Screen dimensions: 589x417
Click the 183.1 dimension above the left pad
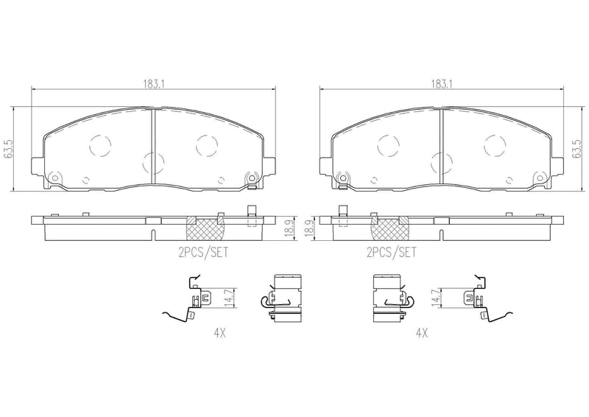155,84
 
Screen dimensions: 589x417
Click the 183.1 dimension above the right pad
441,84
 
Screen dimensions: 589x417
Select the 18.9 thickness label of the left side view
289,228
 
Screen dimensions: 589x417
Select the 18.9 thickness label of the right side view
309,228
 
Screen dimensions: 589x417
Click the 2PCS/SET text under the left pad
203,252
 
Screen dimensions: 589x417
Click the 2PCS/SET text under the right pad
392,252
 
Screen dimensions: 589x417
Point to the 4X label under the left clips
219,332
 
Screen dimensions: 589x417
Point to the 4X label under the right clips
422,332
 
